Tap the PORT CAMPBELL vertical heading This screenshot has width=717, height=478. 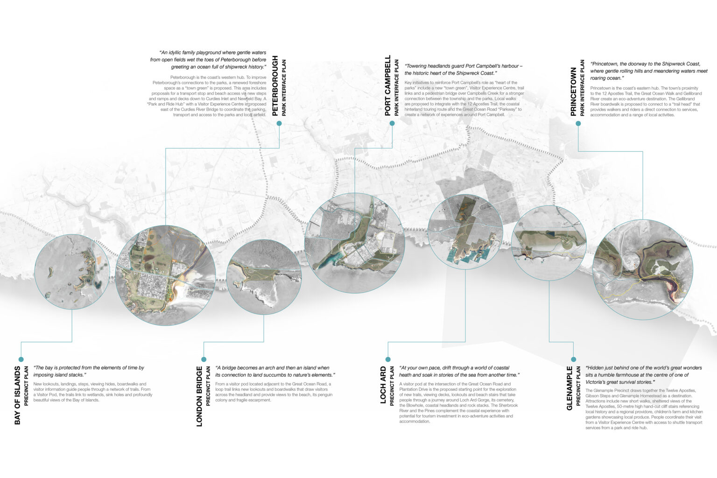(388, 85)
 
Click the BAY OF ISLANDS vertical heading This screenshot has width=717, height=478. (18, 395)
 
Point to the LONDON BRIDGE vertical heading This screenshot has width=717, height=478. (199, 396)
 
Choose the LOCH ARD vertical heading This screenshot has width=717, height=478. (383, 385)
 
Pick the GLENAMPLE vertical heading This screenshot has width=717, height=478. (569, 388)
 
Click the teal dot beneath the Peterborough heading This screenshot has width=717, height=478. (279, 123)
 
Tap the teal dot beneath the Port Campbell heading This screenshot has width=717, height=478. (392, 123)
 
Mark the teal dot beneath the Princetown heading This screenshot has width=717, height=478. (578, 124)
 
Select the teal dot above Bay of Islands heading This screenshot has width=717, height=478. (21, 359)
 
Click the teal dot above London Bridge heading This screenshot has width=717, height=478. (204, 359)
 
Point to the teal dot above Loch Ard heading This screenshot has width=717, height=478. (388, 359)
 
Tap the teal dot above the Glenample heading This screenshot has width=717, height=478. (574, 359)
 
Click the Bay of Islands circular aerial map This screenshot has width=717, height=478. (72, 272)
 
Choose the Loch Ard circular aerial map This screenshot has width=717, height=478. (465, 232)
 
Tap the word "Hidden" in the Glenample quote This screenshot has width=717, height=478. (596, 368)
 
